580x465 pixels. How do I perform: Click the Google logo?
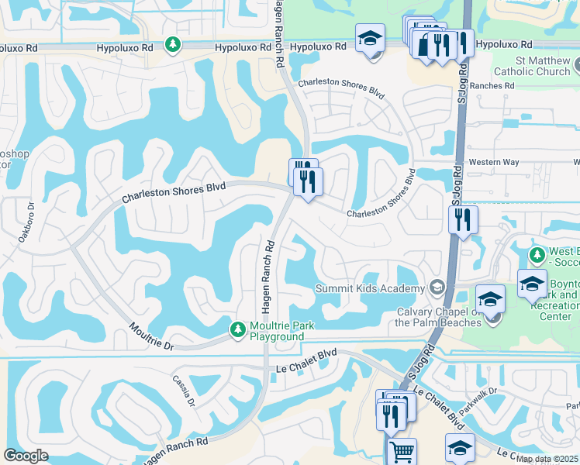click(x=26, y=456)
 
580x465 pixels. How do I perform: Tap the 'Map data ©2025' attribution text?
click(x=547, y=459)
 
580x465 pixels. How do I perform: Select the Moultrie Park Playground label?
click(x=281, y=331)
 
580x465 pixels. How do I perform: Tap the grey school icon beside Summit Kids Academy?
click(x=437, y=288)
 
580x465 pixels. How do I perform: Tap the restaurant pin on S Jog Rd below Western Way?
click(x=463, y=219)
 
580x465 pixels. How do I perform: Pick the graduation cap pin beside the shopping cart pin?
click(x=460, y=448)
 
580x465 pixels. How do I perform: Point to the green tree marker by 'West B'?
click(x=536, y=254)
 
